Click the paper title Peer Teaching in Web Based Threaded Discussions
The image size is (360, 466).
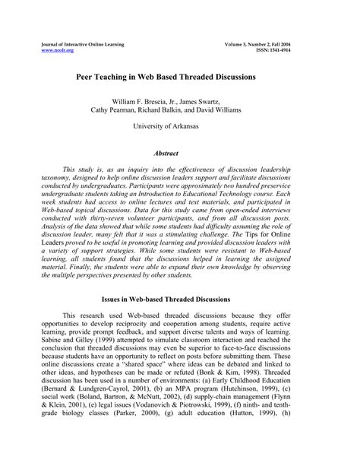click(x=179, y=77)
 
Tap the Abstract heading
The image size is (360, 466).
click(x=179, y=153)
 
